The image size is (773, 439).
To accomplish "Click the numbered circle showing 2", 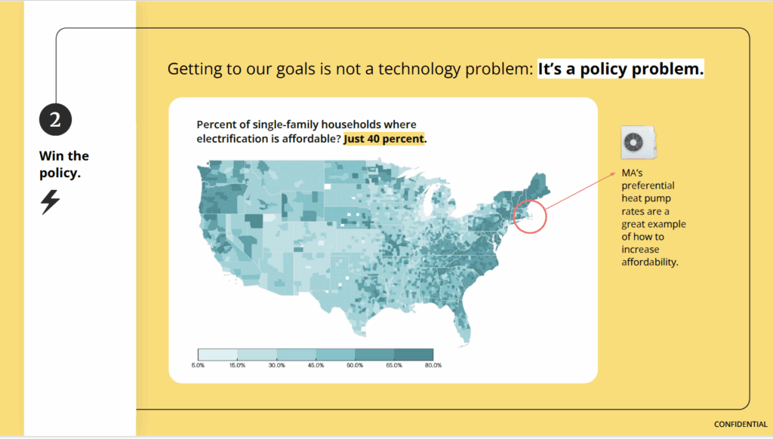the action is (55, 120).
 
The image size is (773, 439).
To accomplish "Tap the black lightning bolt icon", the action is (51, 202).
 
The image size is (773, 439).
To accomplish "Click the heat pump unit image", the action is (639, 143).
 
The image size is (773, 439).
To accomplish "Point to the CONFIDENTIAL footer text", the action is (741, 424).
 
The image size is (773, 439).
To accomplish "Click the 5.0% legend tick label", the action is (198, 365).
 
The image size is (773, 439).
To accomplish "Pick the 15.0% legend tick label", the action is (237, 365).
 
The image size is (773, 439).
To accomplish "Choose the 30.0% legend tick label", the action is (276, 365).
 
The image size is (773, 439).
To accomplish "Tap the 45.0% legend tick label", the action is (316, 365).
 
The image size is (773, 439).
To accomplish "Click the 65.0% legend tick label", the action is (394, 365).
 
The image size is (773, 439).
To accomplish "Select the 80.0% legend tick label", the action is (433, 365).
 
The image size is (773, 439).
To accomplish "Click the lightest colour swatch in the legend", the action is (217, 355).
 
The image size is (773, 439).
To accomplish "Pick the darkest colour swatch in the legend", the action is (414, 355).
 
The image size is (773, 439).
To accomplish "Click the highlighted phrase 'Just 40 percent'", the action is (383, 139).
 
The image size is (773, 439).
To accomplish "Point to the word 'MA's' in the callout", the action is (632, 173).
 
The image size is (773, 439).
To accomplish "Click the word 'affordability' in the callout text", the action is (650, 262).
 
